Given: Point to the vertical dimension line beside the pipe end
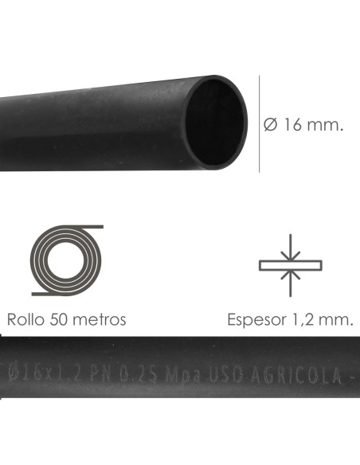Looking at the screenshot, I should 260,123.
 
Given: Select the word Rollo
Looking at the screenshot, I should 28,320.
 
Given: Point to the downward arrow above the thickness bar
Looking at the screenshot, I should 291,248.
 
